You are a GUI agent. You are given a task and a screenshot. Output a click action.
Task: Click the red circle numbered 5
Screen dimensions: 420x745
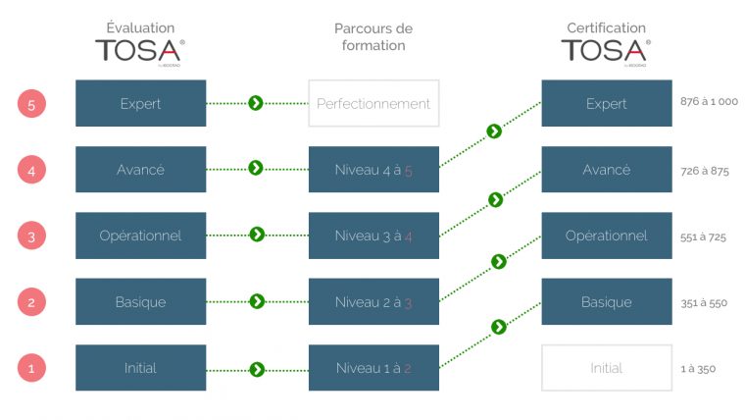[31, 102]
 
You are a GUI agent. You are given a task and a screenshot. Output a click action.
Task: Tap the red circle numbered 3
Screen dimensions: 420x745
[31, 236]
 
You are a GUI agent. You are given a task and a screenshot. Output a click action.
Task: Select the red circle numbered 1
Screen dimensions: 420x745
[31, 369]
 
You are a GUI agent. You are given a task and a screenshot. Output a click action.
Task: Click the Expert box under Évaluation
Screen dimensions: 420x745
[140, 103]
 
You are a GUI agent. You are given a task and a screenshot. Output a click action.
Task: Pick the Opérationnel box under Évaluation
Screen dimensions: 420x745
[140, 236]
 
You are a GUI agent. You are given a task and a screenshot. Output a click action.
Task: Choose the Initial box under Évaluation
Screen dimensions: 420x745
[140, 368]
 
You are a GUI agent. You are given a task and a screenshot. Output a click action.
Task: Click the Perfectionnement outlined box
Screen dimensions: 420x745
[373, 103]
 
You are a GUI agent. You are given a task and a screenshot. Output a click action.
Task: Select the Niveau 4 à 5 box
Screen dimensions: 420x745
[373, 170]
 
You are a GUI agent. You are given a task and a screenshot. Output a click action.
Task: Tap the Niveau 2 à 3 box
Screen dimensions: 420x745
[373, 302]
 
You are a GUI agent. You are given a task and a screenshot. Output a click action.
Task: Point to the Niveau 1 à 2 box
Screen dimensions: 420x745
[373, 368]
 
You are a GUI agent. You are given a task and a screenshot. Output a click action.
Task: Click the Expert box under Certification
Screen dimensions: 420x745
[606, 103]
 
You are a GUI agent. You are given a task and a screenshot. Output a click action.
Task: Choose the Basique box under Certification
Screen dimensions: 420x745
[606, 302]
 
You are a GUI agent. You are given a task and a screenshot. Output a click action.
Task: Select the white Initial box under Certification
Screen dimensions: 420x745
[606, 368]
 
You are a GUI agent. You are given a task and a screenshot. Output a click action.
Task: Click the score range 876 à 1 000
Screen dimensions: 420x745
[709, 102]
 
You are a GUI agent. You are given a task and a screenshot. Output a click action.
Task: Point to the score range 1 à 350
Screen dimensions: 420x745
[698, 369]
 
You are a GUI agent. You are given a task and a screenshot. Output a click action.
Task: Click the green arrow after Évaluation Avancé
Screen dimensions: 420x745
[256, 169]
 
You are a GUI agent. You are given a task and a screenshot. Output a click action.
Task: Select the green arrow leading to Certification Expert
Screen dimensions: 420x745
[494, 131]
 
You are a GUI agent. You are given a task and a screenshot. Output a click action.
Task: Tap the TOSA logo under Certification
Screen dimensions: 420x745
[605, 51]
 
